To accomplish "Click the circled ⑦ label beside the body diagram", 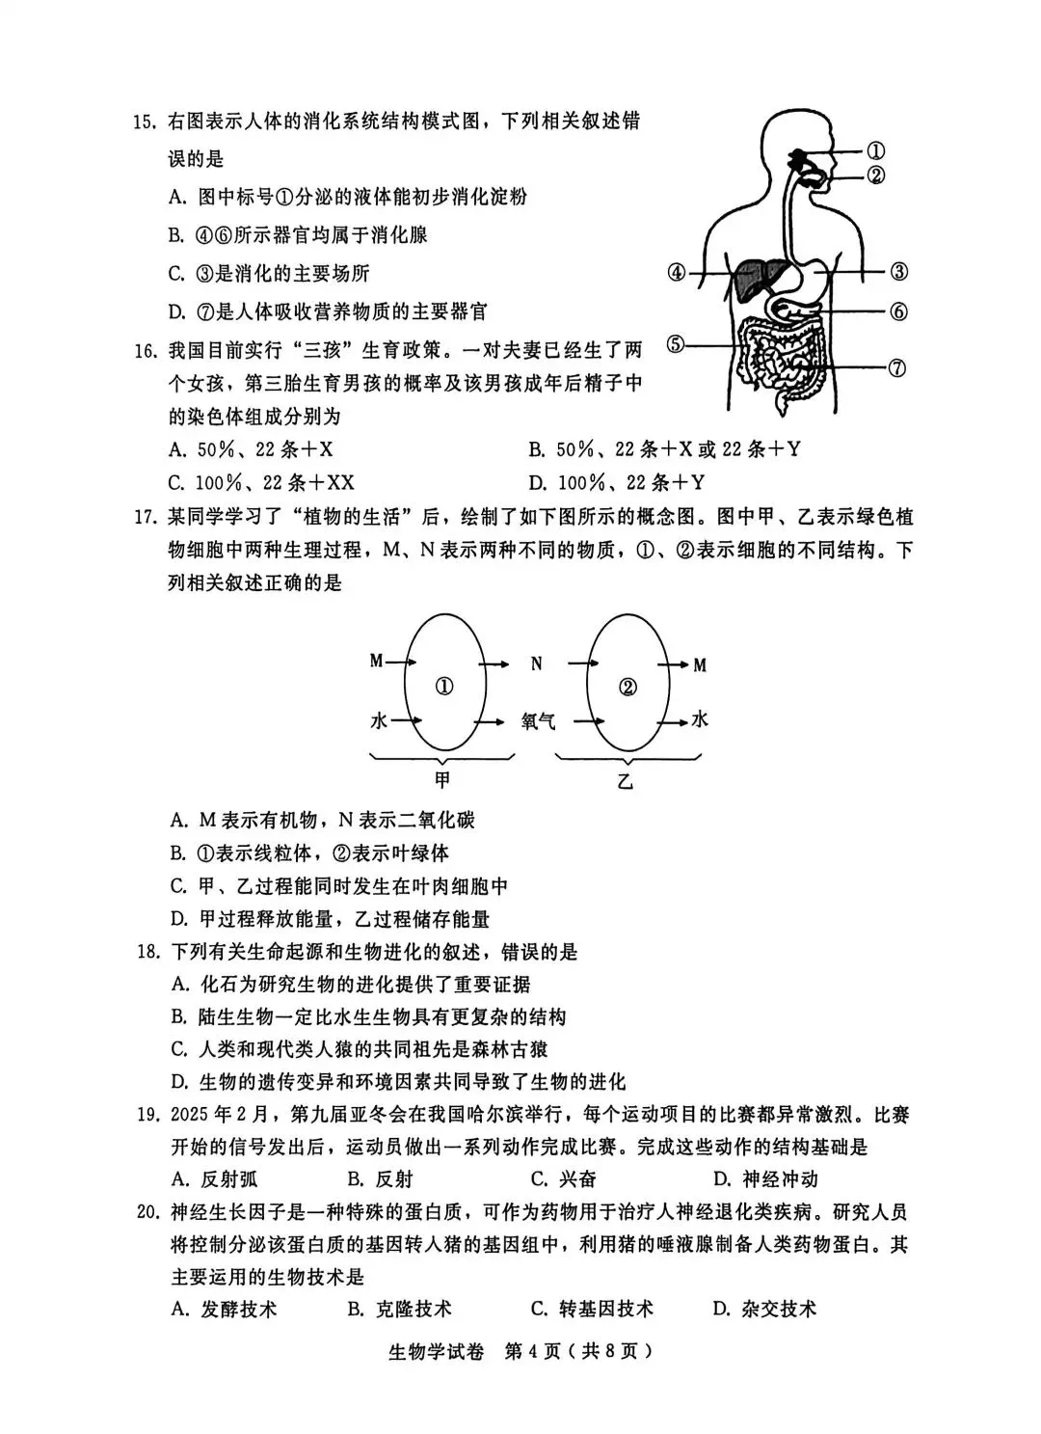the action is pos(896,367).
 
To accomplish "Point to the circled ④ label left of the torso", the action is pos(677,273).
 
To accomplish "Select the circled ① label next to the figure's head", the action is pos(875,150).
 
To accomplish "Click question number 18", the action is pos(147,953).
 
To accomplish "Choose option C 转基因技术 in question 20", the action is pos(592,1309).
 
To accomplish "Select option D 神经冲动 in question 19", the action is pos(765,1178).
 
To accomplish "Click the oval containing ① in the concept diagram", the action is pos(444,687).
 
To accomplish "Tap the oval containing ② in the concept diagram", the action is pos(627,687).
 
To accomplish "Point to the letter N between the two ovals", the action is pos(537,663).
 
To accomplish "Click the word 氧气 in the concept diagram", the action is pos(538,721).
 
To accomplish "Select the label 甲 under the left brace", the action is pos(442,780).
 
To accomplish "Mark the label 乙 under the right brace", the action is pos(626,782).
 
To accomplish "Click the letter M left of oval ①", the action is pos(377,662).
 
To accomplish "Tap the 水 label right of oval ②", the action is pos(700,719).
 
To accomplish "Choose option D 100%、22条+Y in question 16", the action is pos(617,482).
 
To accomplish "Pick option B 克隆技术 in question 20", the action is pos(399,1309).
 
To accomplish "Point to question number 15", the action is pos(144,122).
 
